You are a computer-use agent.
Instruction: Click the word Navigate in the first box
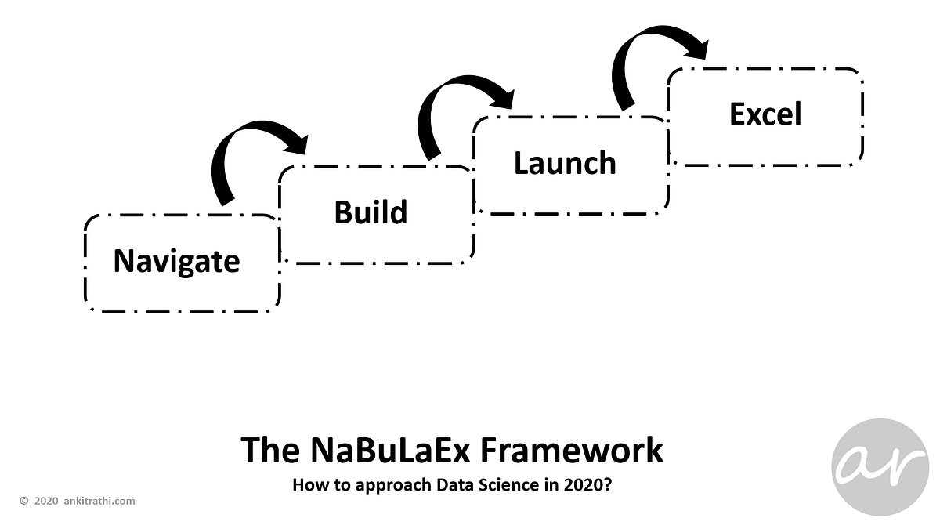(x=176, y=261)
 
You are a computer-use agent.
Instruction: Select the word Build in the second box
(x=371, y=212)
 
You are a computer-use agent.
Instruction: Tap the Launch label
(x=565, y=163)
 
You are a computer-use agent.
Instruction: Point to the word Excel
(x=765, y=114)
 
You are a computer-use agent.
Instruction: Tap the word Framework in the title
(x=571, y=451)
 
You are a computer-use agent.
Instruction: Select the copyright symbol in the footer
(x=23, y=501)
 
